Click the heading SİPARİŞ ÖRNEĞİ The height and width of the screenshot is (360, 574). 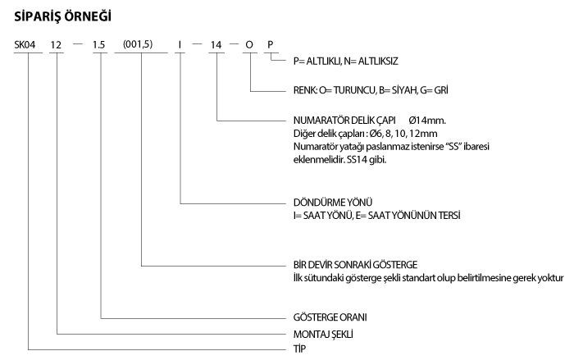coord(62,16)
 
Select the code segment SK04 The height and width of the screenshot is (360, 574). coord(25,44)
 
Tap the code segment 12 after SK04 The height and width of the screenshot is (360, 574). coord(56,44)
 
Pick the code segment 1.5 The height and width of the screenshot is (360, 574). coord(99,44)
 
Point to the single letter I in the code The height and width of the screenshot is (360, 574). coord(180,44)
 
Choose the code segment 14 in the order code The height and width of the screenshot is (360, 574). coord(216,44)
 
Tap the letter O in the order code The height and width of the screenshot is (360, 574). coord(249,44)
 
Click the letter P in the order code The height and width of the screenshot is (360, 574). coord(270,44)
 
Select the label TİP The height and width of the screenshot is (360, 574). coord(299,349)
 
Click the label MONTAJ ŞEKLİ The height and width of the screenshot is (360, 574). coord(323,334)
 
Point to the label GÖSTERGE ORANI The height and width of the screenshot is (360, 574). coord(330,317)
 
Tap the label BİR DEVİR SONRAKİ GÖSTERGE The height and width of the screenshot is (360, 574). coord(355,264)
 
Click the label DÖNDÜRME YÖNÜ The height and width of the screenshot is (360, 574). coord(333,203)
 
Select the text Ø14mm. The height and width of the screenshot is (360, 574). coord(427,120)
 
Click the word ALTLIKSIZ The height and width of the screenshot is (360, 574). coord(378,61)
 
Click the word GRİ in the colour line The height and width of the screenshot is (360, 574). coord(441,90)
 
